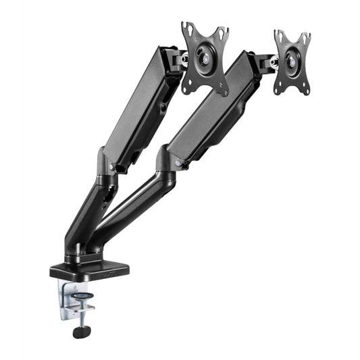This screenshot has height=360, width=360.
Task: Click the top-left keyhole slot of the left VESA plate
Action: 188,30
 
